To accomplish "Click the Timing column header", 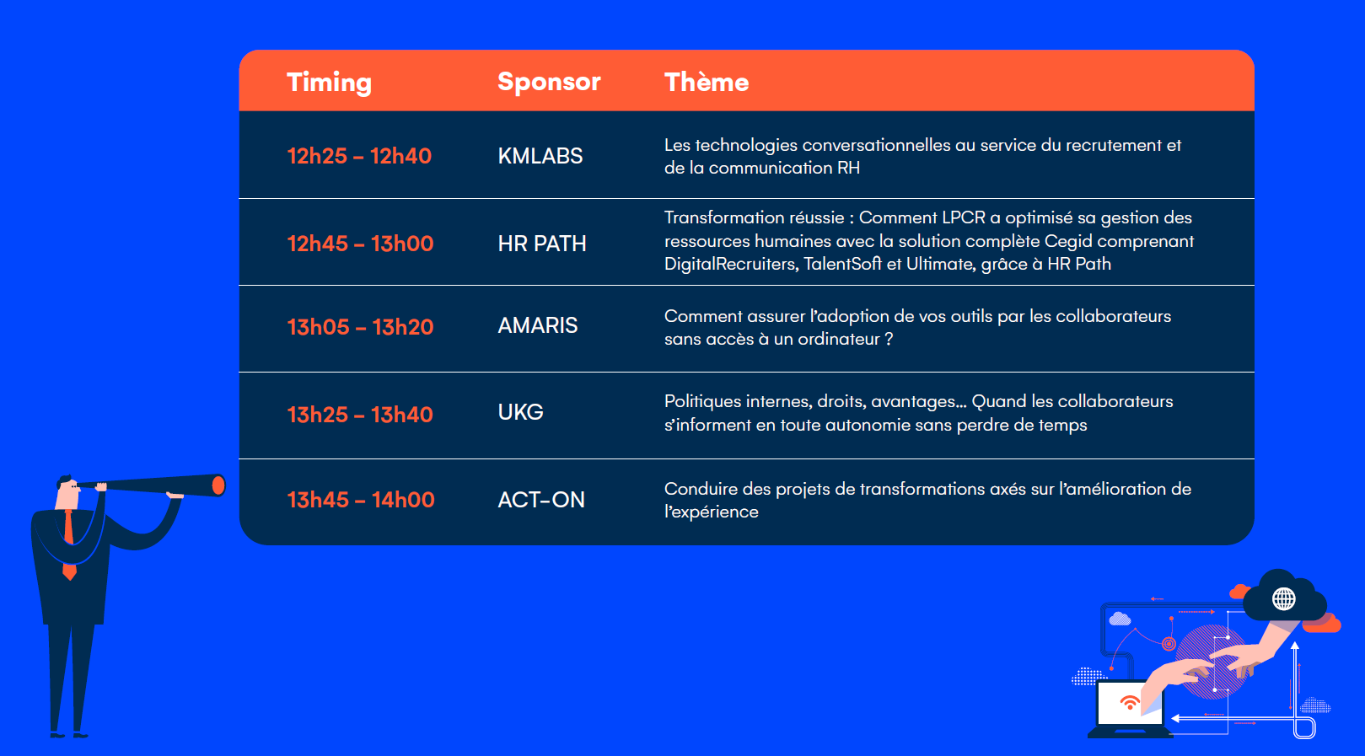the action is tap(329, 83).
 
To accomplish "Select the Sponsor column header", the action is tap(549, 82).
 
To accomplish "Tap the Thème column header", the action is tap(707, 82).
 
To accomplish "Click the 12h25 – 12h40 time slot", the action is tap(359, 156).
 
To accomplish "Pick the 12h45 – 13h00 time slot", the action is tap(360, 244).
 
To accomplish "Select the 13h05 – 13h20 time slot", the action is tap(360, 327).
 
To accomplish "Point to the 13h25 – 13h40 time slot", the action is tap(360, 415).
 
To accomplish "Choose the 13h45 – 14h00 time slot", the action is tap(361, 500).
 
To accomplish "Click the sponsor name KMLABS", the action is tap(540, 156).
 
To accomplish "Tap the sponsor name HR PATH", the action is tap(542, 244).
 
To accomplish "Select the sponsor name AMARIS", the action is tap(537, 325).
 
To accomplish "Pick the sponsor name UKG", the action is tap(520, 412).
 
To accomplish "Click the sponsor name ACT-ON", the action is tap(541, 500).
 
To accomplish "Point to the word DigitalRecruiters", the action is tap(731, 264).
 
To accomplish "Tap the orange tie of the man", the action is tap(69, 545).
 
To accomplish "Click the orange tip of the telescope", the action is tap(218, 485).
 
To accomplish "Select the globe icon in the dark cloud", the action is tap(1283, 599).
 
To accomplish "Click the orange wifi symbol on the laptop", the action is tap(1129, 702).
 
